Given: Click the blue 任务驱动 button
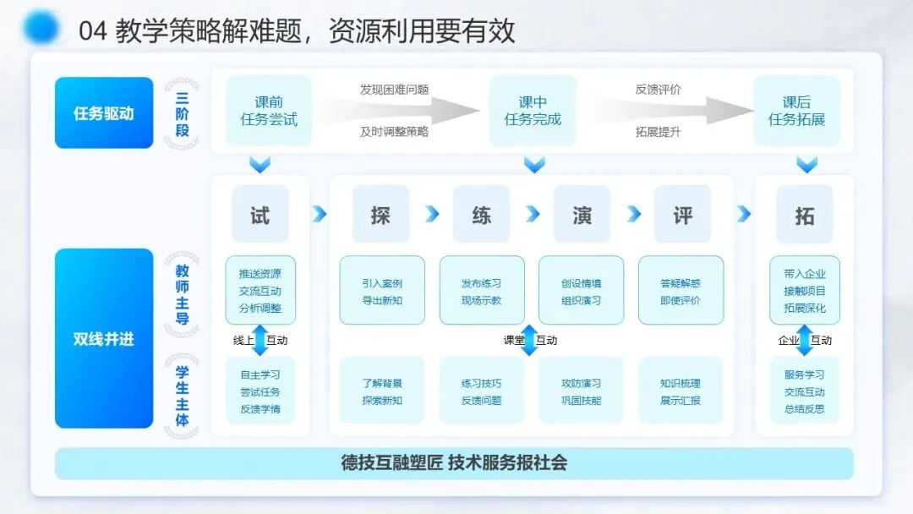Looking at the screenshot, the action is click(104, 113).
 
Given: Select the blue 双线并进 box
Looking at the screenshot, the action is click(104, 339).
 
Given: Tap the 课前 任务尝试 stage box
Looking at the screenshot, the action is click(269, 112).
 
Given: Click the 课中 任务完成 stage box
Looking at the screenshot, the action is click(533, 112).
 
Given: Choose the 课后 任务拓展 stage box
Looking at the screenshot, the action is click(796, 112).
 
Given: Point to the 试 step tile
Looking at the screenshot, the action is click(260, 215).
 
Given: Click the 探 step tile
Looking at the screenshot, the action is click(380, 215).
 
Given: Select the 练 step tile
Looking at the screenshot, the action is click(482, 215).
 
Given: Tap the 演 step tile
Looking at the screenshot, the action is click(582, 215).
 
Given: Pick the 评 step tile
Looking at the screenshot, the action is click(682, 215).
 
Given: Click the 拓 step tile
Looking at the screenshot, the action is click(804, 215).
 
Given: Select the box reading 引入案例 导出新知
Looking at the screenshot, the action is click(382, 291).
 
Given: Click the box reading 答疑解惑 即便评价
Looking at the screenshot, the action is click(681, 291).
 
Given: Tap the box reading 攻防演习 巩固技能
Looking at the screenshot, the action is click(582, 391).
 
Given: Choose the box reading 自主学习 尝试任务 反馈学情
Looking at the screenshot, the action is click(260, 391).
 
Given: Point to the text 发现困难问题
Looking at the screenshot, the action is click(394, 90).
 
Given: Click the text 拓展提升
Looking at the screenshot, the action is click(658, 132).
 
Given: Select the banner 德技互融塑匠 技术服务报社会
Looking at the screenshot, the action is click(454, 462).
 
